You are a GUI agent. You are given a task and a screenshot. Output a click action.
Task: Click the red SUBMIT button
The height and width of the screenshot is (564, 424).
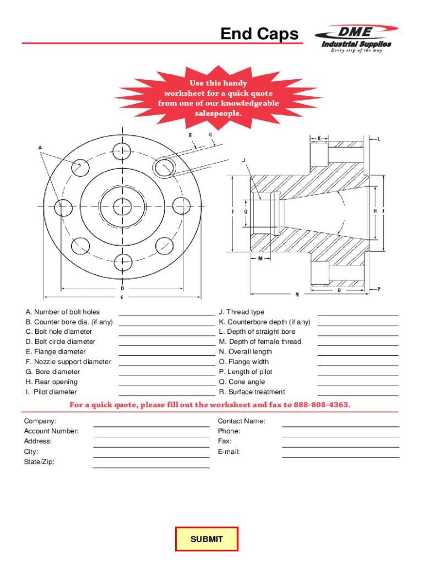(x=206, y=539)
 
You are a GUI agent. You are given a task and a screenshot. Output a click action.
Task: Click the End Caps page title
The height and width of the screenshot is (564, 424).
(x=259, y=35)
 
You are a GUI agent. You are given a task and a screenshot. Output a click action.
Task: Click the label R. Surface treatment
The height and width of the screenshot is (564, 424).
(x=252, y=392)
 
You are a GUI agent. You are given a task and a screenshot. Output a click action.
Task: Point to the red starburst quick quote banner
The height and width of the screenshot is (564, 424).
(x=219, y=98)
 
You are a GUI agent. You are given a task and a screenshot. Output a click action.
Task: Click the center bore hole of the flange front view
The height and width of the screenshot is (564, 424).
(x=122, y=207)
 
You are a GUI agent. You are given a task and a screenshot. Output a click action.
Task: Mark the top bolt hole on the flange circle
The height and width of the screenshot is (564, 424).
(x=122, y=150)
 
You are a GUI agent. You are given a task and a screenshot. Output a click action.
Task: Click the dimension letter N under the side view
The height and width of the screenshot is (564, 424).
(x=297, y=295)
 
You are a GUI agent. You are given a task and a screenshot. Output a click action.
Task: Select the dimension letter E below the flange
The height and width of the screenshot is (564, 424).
(x=122, y=297)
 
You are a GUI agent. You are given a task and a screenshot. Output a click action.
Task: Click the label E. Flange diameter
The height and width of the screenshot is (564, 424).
(x=55, y=352)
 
